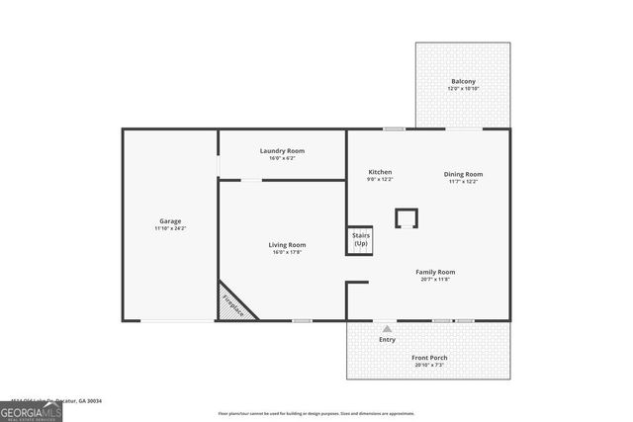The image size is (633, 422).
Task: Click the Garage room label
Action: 170,220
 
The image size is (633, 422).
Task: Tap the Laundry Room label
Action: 282,150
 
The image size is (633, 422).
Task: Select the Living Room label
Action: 287,244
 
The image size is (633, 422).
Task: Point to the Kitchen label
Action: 381,173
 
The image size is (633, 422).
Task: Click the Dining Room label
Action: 463,174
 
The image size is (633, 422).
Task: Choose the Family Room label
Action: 435,272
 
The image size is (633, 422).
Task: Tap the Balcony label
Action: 463,81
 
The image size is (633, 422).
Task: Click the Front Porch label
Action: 428,358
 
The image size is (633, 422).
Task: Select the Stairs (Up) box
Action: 360,240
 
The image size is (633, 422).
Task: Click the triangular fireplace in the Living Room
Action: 233,301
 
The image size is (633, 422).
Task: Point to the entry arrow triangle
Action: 387,329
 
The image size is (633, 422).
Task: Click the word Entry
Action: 387,340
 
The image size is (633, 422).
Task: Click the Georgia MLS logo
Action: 32,411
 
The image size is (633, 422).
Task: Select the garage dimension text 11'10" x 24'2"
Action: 170,228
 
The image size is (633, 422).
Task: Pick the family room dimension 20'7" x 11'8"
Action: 435,280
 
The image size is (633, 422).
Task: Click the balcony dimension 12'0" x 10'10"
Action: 463,89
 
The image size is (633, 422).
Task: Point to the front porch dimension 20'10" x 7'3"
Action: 428,366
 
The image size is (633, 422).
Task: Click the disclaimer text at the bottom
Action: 316,413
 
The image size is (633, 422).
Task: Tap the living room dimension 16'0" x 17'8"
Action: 287,252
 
